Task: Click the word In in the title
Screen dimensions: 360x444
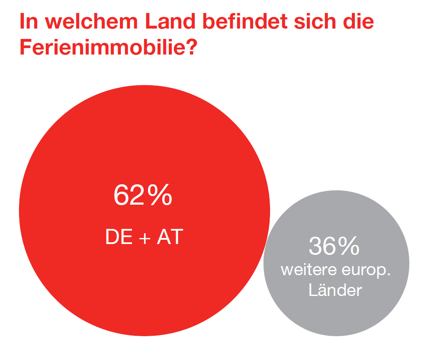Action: coord(29,22)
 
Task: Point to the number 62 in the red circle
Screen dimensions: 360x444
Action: coord(128,196)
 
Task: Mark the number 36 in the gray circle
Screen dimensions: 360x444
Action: coord(322,246)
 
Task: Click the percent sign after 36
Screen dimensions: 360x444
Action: coord(349,246)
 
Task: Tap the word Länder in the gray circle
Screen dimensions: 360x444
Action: coord(335,290)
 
